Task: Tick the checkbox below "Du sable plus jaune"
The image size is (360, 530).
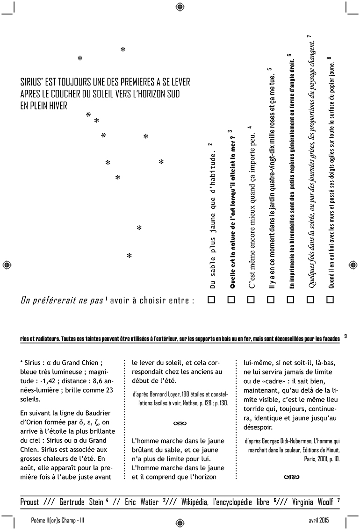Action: (211, 301)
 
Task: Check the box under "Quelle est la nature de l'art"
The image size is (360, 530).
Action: (231, 301)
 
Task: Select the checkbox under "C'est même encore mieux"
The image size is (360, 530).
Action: (251, 301)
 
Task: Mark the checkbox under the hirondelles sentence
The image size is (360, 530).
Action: (290, 301)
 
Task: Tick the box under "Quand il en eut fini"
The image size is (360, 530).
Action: (330, 301)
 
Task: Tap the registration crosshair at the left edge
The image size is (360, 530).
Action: (7, 265)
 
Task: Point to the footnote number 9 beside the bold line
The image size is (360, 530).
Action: (345, 335)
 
